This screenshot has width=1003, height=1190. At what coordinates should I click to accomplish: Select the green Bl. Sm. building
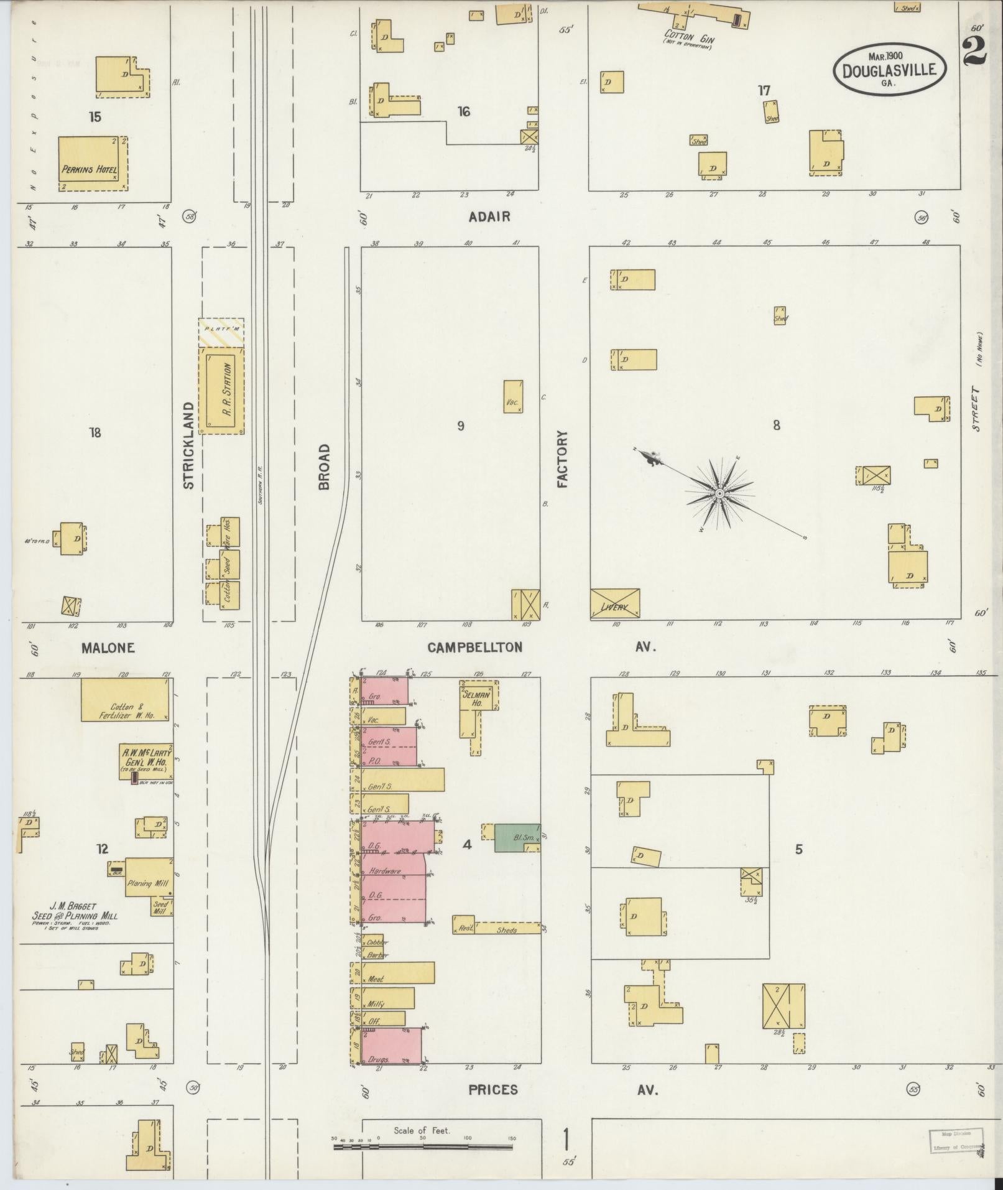(x=517, y=837)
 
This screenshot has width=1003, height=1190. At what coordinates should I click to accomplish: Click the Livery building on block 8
(x=614, y=603)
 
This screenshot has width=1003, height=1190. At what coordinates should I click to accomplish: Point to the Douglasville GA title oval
(x=889, y=68)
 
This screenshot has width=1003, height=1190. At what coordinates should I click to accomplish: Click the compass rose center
(x=719, y=493)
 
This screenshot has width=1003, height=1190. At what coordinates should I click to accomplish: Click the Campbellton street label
(x=474, y=648)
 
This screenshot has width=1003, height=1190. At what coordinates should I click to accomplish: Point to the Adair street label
(x=490, y=216)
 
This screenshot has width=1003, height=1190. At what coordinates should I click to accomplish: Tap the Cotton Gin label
(x=689, y=37)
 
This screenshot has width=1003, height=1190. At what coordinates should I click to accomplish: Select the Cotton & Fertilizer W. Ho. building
(x=125, y=700)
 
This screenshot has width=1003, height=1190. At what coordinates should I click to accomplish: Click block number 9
(x=461, y=426)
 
